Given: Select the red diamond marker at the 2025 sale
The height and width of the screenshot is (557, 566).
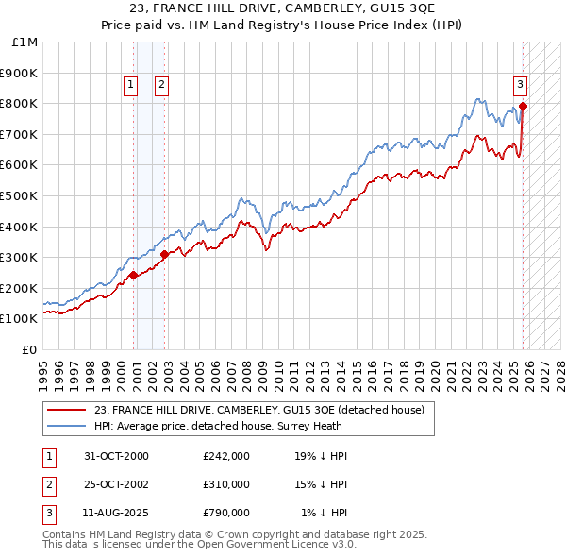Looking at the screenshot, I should click(524, 107).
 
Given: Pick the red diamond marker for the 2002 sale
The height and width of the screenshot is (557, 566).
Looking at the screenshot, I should click(164, 254).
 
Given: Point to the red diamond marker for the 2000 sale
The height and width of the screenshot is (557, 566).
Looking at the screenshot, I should click(133, 275).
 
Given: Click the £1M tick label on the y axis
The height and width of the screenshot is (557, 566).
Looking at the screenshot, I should click(25, 42).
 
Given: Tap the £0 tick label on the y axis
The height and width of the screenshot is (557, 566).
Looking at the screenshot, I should click(29, 349).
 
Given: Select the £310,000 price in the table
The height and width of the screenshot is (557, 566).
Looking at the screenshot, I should click(225, 484).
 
